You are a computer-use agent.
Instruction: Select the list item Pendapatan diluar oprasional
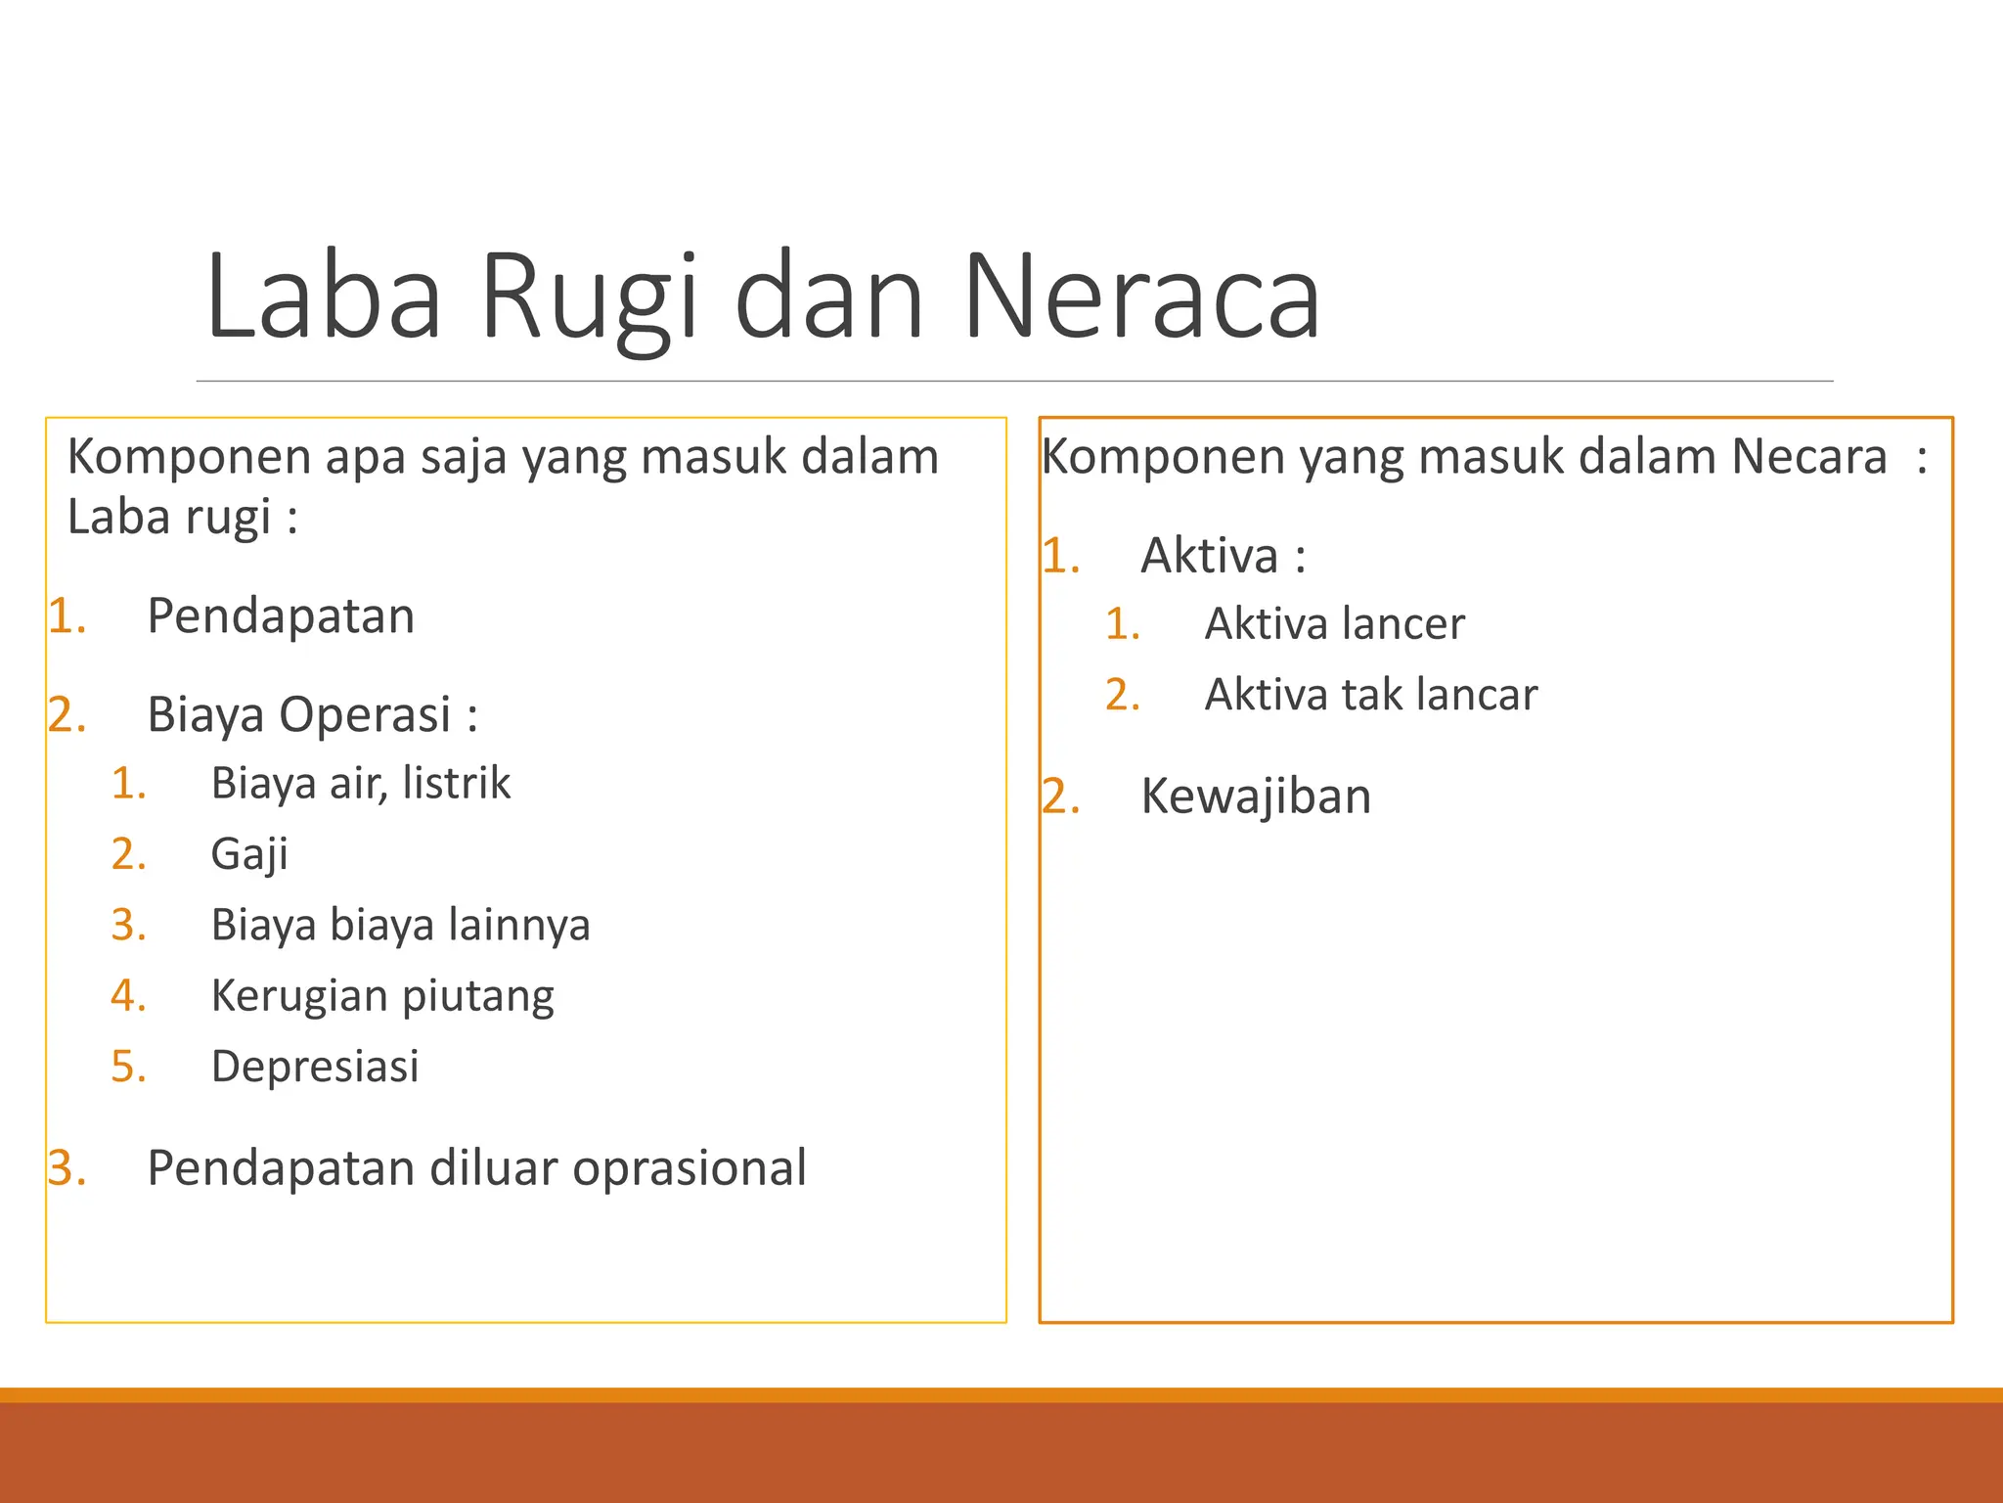pyautogui.click(x=476, y=1167)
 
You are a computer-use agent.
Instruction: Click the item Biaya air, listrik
pyautogui.click(x=361, y=783)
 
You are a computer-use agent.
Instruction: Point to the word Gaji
pyautogui.click(x=249, y=854)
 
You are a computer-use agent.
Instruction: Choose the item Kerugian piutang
pyautogui.click(x=382, y=995)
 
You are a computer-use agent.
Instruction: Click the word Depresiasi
pyautogui.click(x=315, y=1066)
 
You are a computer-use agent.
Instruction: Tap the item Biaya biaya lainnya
pyautogui.click(x=401, y=925)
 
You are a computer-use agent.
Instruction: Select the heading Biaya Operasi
pyautogui.click(x=311, y=714)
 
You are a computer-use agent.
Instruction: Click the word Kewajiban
pyautogui.click(x=1256, y=796)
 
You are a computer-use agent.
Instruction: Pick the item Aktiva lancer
pyautogui.click(x=1334, y=623)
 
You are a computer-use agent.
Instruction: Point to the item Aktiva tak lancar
pyautogui.click(x=1370, y=695)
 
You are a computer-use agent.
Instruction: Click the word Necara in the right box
pyautogui.click(x=1808, y=456)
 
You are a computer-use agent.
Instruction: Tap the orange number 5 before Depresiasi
pyautogui.click(x=127, y=1066)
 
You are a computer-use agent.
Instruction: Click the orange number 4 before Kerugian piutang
pyautogui.click(x=127, y=995)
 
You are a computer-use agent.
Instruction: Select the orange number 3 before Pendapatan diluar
pyautogui.click(x=66, y=1167)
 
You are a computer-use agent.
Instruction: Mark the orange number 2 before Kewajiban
pyautogui.click(x=1059, y=796)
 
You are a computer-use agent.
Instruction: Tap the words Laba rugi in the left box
pyautogui.click(x=168, y=517)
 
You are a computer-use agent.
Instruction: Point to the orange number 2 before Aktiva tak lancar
pyautogui.click(x=1122, y=695)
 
